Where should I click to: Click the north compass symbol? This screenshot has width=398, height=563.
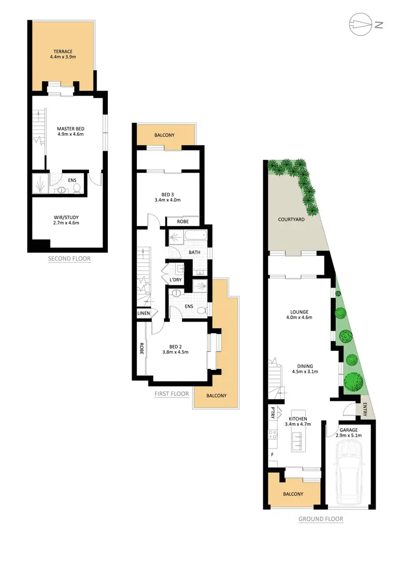pyautogui.click(x=361, y=24)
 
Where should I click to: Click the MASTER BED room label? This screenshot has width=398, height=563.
pyautogui.click(x=71, y=131)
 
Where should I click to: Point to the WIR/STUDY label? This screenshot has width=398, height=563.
pyautogui.click(x=66, y=220)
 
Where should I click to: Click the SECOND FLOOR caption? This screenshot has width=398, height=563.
pyautogui.click(x=69, y=259)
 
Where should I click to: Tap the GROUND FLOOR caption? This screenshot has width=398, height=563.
pyautogui.click(x=321, y=519)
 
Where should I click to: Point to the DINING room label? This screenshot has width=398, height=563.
pyautogui.click(x=305, y=369)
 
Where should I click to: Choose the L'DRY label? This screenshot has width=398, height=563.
pyautogui.click(x=176, y=280)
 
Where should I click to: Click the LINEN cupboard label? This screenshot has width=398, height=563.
pyautogui.click(x=144, y=314)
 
